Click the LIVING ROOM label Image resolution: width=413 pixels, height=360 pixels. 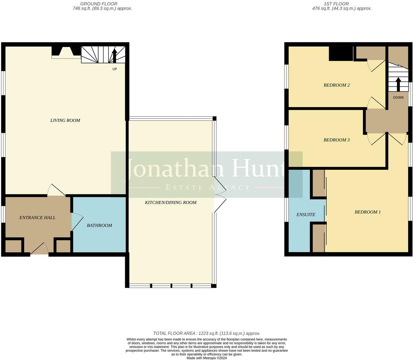65,120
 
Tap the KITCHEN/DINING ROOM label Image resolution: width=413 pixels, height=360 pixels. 171,202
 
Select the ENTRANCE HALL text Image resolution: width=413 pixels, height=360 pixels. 37,217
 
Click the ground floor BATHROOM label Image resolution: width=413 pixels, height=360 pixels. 99,225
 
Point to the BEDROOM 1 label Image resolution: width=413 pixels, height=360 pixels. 368,212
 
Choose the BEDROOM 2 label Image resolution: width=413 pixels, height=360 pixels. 336,85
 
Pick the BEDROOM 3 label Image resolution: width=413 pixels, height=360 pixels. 336,140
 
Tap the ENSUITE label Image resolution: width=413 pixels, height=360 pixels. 306,214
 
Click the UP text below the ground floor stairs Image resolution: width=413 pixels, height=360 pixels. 115,69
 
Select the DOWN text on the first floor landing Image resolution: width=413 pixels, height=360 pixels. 398,98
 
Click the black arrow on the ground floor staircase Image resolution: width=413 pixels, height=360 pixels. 115,55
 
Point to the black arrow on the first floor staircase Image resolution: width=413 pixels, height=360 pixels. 398,84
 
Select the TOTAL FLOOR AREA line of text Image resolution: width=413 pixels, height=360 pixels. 206,333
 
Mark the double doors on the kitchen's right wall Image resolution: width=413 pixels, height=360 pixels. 219,195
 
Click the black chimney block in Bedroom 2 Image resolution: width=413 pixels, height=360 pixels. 341,54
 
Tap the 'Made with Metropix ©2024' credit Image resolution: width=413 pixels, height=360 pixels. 206,358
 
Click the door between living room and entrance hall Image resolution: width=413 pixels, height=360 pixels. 56,191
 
